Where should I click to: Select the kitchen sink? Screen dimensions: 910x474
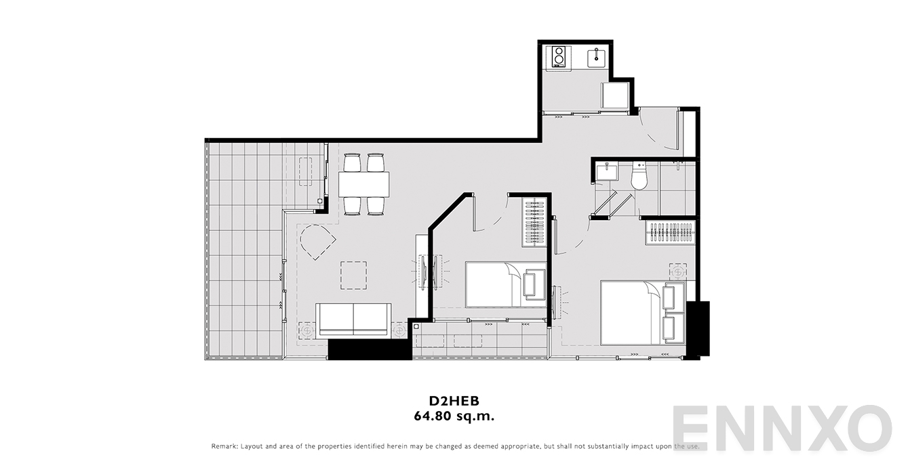(597, 58)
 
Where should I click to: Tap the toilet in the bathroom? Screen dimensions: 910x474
(639, 176)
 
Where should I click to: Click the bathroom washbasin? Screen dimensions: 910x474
(606, 172)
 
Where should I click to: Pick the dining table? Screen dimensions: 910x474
(363, 184)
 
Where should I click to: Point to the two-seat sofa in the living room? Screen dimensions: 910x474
(353, 320)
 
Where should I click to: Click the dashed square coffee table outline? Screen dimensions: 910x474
(353, 275)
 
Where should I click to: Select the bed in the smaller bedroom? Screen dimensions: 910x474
(506, 284)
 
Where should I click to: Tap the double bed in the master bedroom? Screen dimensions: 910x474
(643, 312)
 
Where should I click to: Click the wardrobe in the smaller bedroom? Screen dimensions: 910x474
(534, 222)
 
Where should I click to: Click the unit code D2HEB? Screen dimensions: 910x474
(454, 401)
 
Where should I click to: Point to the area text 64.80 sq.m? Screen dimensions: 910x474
(454, 416)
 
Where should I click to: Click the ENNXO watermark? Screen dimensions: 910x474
(782, 428)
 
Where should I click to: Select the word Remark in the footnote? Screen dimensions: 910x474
(224, 446)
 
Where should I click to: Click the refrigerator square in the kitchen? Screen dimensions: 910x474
(614, 95)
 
